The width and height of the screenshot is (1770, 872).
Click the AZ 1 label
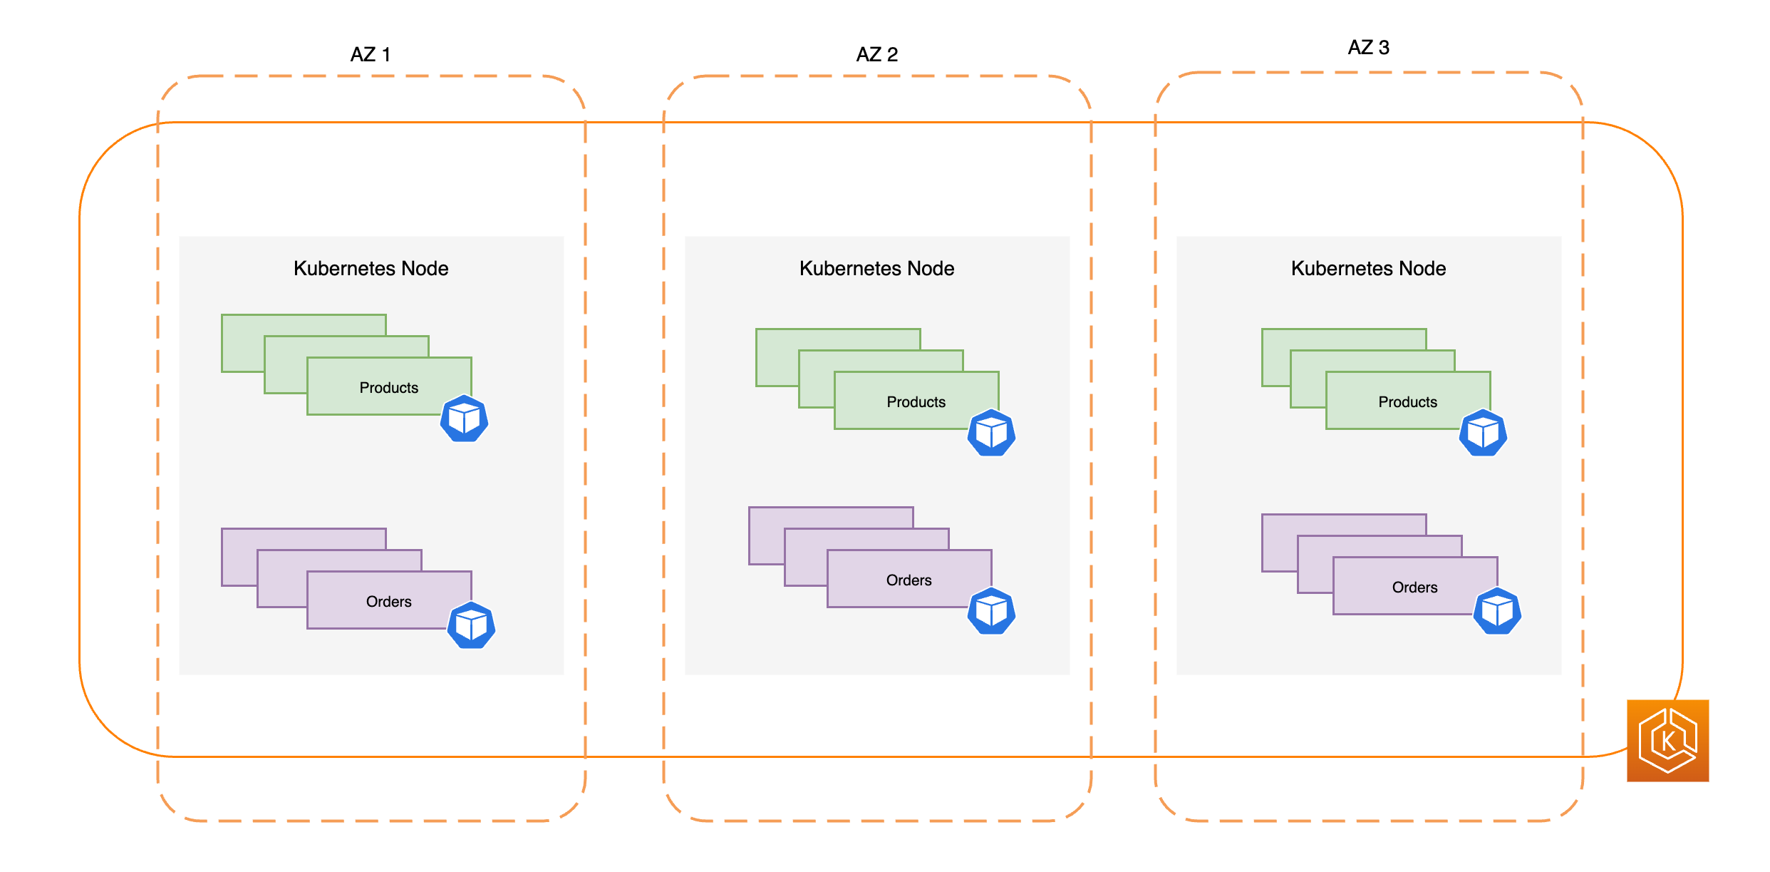(371, 55)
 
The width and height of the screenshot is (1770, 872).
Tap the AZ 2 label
(876, 55)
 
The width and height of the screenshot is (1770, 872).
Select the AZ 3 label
(1368, 48)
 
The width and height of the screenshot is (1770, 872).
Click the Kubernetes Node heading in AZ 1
(371, 269)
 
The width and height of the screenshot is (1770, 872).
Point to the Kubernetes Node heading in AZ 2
(876, 269)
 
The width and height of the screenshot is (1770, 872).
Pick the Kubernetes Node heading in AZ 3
(1368, 269)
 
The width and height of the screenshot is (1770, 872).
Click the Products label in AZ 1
(388, 388)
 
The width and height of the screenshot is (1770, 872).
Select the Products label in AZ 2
(916, 402)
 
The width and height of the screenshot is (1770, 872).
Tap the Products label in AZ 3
(1407, 402)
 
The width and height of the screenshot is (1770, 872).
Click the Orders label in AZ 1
(388, 602)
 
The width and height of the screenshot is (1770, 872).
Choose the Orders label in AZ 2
(909, 580)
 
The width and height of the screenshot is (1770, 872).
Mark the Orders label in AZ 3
(1414, 588)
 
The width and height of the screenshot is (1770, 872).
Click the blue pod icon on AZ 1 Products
(464, 419)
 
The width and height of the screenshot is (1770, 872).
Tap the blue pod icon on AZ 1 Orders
(471, 625)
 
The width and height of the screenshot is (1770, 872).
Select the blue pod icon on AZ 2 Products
(991, 433)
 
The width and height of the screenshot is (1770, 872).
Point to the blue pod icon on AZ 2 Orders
(991, 611)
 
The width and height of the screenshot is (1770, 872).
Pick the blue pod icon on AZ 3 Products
(1483, 433)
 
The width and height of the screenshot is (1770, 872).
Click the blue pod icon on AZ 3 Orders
(1497, 611)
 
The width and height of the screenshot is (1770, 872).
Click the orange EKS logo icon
(1667, 741)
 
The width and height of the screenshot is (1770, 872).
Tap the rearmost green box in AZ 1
(242, 342)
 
